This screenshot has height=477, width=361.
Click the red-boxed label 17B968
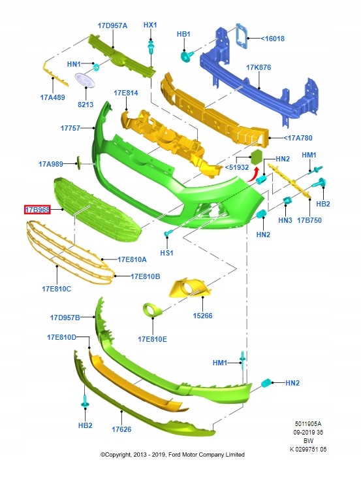coord(37,210)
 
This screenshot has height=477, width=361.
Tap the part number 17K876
coord(259,67)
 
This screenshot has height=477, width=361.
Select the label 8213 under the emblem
coord(86,105)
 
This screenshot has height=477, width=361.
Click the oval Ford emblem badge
coord(85,80)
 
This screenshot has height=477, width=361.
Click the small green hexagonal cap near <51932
coord(257,156)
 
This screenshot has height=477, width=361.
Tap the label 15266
coord(202,316)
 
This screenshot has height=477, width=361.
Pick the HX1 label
coord(150,25)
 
